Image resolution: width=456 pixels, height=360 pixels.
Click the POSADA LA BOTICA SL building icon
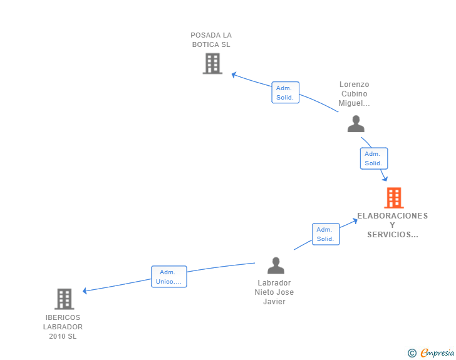click(212, 63)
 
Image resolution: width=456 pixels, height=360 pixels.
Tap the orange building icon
click(393, 198)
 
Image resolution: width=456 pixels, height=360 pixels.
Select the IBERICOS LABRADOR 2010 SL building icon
click(64, 299)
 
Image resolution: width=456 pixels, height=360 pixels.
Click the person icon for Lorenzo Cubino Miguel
click(356, 124)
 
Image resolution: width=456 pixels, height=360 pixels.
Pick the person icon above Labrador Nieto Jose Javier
click(276, 265)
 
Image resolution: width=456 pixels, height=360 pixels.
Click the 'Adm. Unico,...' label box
click(169, 277)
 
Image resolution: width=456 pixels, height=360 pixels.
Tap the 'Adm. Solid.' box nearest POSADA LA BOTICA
click(285, 93)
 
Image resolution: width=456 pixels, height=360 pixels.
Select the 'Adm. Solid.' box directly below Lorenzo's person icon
click(373, 158)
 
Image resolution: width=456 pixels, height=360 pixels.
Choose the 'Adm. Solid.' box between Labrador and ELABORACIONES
click(325, 234)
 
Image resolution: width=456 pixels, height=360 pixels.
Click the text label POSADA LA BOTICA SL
click(211, 40)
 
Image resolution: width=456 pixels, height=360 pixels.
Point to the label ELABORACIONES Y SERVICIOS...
click(392, 225)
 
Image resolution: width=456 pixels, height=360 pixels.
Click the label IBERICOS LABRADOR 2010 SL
click(63, 327)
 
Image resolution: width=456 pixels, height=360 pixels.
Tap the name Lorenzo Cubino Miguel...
click(355, 94)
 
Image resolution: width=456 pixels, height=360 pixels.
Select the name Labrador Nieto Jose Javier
click(274, 292)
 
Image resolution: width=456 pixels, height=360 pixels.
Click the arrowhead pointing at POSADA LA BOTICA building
click(234, 75)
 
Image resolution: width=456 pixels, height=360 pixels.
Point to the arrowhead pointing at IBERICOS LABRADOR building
click(85, 291)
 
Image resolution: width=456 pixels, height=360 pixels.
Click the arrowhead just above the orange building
click(385, 179)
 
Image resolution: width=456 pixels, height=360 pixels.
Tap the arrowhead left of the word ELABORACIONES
click(355, 221)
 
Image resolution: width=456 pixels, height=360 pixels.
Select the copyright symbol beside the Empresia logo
click(412, 353)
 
